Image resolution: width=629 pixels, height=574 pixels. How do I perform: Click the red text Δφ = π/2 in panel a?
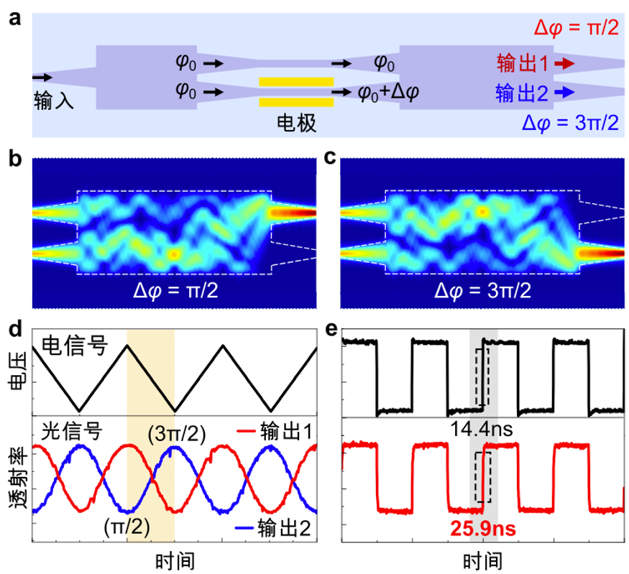575,28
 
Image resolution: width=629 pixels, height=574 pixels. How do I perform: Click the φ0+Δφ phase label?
388,93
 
